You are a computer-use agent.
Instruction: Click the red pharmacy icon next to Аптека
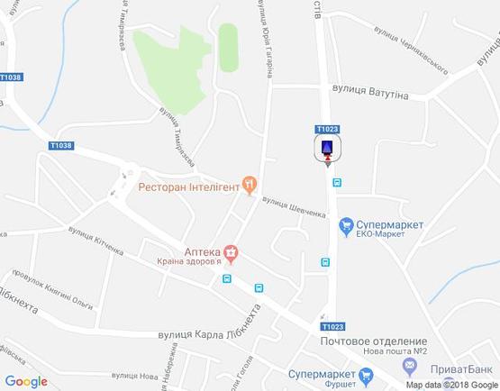tap(231, 252)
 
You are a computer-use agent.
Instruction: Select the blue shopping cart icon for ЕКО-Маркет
tap(344, 225)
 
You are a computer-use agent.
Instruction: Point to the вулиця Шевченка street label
tap(294, 207)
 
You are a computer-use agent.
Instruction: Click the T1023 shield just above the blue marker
tap(327, 129)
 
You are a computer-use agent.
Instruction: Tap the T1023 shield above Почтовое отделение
tap(331, 326)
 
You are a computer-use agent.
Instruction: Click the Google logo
tap(26, 381)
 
